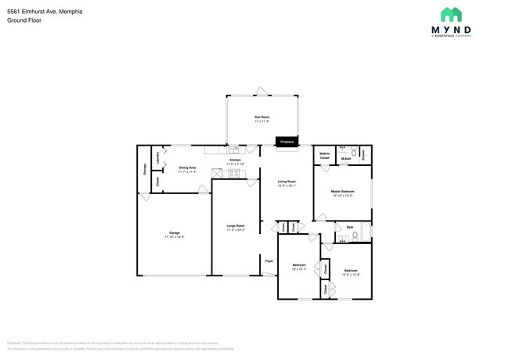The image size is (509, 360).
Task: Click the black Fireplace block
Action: click(x=287, y=142)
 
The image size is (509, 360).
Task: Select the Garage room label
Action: click(x=174, y=232)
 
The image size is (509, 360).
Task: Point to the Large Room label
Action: click(x=236, y=226)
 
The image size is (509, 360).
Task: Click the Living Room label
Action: click(x=287, y=182)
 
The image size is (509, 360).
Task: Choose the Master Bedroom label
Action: click(x=342, y=192)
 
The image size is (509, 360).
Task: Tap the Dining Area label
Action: click(x=187, y=167)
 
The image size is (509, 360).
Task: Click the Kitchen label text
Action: click(x=235, y=160)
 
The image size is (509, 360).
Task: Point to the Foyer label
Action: click(x=268, y=261)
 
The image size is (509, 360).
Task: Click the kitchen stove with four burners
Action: click(x=233, y=174)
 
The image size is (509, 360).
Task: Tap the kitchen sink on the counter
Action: click(x=233, y=149)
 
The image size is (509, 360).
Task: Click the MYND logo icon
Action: click(x=449, y=15)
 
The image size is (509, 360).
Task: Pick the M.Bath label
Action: click(x=345, y=160)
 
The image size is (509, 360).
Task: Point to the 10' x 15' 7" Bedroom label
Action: click(x=298, y=266)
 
